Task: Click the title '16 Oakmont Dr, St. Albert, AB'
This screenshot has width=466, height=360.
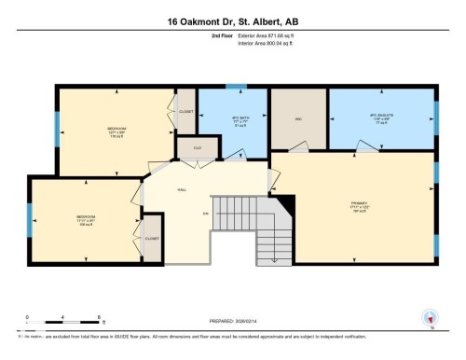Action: coord(232,21)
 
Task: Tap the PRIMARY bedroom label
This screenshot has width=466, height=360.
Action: coord(359,203)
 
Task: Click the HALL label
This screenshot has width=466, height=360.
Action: coord(183,188)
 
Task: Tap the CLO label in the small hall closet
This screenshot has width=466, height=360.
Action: coord(198,148)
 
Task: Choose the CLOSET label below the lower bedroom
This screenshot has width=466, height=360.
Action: coord(151,239)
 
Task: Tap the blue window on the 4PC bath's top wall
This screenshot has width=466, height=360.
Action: coord(238,87)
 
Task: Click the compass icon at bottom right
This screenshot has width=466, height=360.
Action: coord(429,317)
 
